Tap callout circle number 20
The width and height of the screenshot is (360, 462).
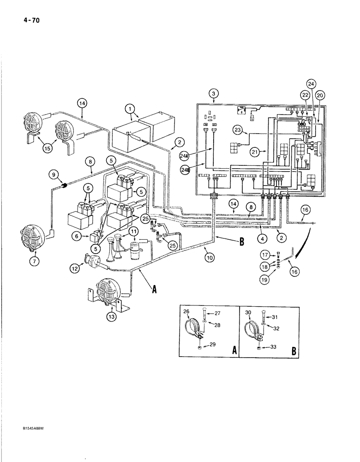tap(320, 95)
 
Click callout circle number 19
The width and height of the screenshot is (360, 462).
tap(264, 279)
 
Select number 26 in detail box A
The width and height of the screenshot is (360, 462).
tap(187, 312)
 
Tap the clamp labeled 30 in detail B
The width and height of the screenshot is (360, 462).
tap(252, 331)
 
